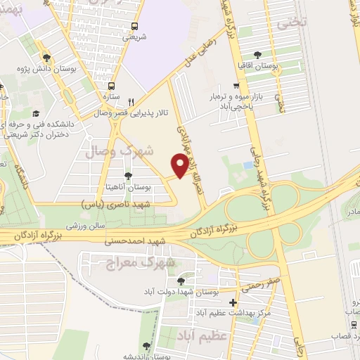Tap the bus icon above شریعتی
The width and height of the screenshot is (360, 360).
133,28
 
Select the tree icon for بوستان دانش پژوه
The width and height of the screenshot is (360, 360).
46,58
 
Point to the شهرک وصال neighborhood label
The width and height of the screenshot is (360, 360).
110,150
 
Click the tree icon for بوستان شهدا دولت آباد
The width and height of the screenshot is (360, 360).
181,280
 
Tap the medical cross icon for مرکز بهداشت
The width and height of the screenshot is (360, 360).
233,302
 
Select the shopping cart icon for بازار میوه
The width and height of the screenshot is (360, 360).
236,84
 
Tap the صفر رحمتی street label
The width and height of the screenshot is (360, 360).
262,283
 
